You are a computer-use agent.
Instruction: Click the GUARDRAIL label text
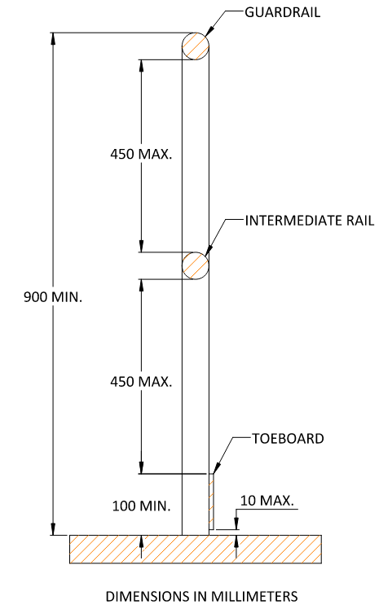tap(280, 12)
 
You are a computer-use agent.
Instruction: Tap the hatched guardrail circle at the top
tap(195, 46)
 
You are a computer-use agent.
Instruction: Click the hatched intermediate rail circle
tap(195, 265)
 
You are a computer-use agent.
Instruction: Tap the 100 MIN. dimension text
tap(141, 505)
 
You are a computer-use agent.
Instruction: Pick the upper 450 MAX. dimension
tap(141, 154)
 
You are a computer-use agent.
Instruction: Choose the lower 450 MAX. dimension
tap(141, 380)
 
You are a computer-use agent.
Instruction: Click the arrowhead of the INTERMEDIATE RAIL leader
tap(206, 255)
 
